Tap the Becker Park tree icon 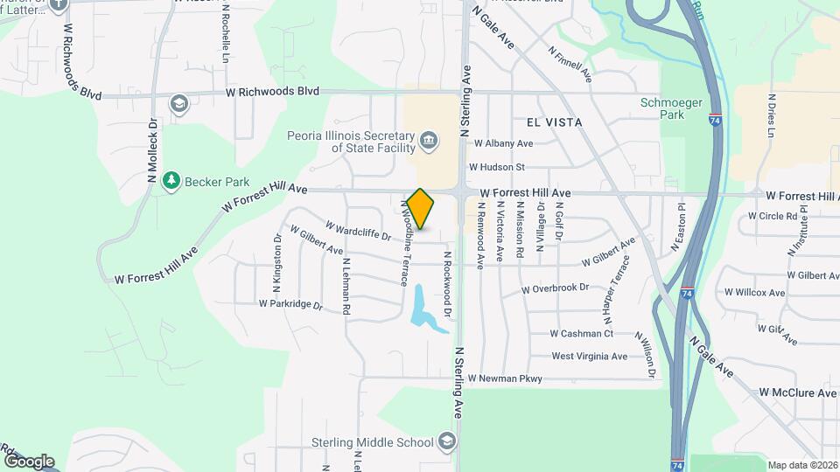pyautogui.click(x=172, y=180)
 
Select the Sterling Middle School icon pyautogui.click(x=448, y=440)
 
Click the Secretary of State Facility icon pyautogui.click(x=429, y=140)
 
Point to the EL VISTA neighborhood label pyautogui.click(x=555, y=123)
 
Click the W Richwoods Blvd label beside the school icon pyautogui.click(x=272, y=92)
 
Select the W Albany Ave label pyautogui.click(x=503, y=143)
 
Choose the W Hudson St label pyautogui.click(x=496, y=166)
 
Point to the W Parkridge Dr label pyautogui.click(x=290, y=305)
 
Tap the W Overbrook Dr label pyautogui.click(x=555, y=288)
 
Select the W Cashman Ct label pyautogui.click(x=582, y=333)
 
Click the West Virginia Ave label pyautogui.click(x=590, y=356)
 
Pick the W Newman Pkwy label pyautogui.click(x=505, y=378)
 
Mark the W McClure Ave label pyautogui.click(x=797, y=393)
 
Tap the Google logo pyautogui.click(x=29, y=462)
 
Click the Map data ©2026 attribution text pyautogui.click(x=802, y=465)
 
